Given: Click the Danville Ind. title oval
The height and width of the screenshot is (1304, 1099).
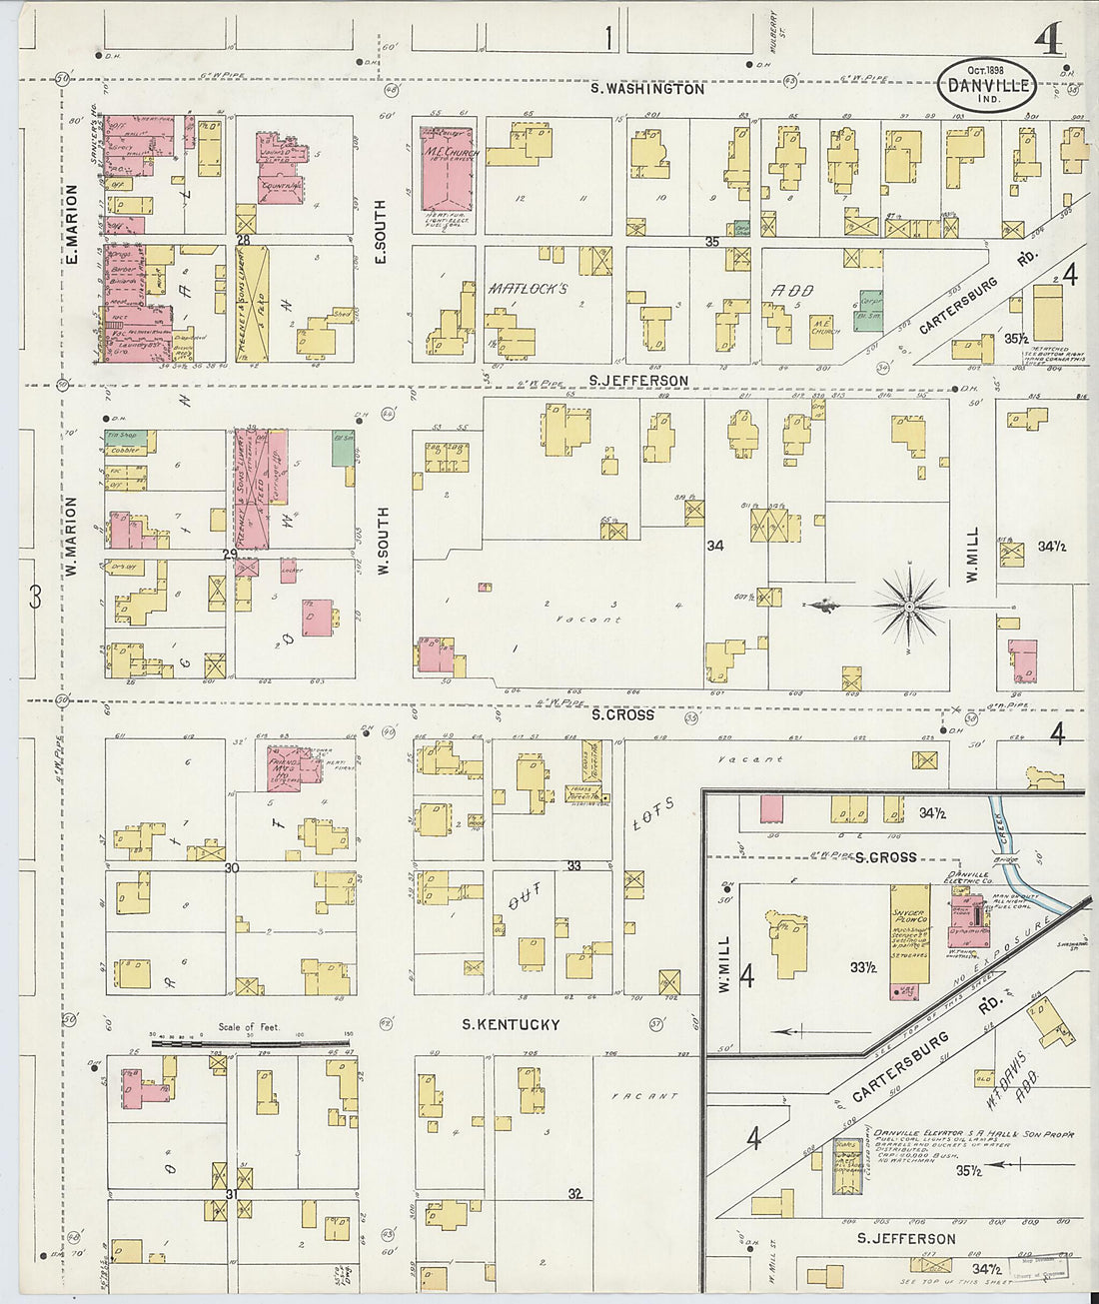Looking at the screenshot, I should (x=986, y=79).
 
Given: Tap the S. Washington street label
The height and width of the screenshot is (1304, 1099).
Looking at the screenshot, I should (x=646, y=89).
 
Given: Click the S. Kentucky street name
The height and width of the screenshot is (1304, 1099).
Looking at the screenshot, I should (x=510, y=1024).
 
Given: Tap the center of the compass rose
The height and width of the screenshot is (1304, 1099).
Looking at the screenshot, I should (x=910, y=606).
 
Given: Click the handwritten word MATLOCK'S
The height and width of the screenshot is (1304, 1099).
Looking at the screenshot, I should (x=528, y=289).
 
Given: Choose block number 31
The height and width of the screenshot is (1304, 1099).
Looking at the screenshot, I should (x=232, y=1193).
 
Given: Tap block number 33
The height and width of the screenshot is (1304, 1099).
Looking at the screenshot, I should (x=574, y=865).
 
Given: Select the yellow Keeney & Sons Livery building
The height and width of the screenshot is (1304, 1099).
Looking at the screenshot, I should (x=252, y=304).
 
